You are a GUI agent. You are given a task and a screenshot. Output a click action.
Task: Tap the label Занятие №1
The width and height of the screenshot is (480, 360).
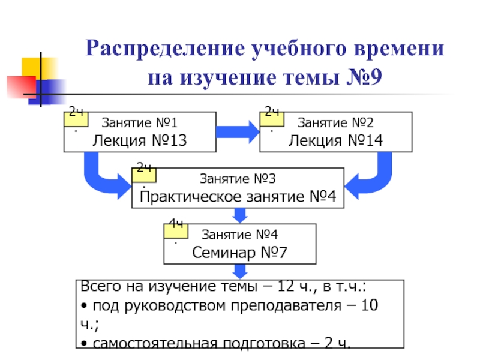click(x=139, y=124)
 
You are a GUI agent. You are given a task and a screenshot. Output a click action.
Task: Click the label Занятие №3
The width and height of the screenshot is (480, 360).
click(x=238, y=179)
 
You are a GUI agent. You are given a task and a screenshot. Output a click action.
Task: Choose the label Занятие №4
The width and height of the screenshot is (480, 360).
click(x=240, y=235)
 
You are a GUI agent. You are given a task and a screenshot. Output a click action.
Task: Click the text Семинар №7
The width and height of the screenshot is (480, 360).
click(x=240, y=253)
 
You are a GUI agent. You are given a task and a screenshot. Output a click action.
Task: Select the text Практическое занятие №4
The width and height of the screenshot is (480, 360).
click(x=238, y=197)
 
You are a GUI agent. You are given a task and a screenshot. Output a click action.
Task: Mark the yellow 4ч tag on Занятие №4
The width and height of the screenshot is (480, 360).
click(x=176, y=230)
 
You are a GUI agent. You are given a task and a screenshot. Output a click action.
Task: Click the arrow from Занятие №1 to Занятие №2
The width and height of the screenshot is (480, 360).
click(x=238, y=131)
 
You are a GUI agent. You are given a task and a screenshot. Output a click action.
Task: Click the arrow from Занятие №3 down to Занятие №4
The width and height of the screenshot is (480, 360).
click(x=240, y=215)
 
